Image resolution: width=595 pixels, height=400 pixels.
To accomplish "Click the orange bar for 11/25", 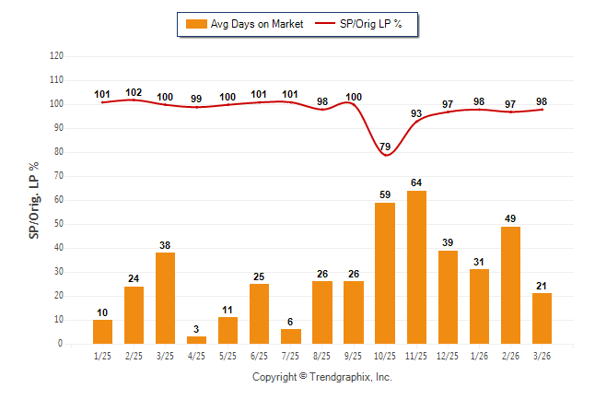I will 416,267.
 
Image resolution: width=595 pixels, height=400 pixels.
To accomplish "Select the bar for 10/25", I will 385,273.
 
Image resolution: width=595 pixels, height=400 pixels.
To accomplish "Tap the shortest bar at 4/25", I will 197,340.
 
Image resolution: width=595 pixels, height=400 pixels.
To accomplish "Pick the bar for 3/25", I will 166,298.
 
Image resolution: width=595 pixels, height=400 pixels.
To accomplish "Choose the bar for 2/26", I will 510,285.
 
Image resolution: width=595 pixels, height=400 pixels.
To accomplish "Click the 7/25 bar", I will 291,336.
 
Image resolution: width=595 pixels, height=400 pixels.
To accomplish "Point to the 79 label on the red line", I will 385,147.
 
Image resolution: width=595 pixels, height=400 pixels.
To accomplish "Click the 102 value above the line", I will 134,92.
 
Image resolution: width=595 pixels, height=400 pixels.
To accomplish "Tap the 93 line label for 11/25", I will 416,113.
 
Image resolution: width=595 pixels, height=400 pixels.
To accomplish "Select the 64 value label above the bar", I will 416,182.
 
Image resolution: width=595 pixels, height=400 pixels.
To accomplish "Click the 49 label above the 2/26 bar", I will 510,218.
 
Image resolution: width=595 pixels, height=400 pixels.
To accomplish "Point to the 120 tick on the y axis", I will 56,55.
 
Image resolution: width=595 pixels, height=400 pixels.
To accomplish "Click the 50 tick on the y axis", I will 59,224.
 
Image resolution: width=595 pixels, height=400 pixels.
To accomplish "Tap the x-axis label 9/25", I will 354,355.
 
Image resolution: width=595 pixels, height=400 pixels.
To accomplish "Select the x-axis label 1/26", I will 479,355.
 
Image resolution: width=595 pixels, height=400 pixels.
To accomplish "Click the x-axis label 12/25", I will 448,355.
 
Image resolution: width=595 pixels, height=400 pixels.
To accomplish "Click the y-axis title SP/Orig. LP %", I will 34,200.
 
